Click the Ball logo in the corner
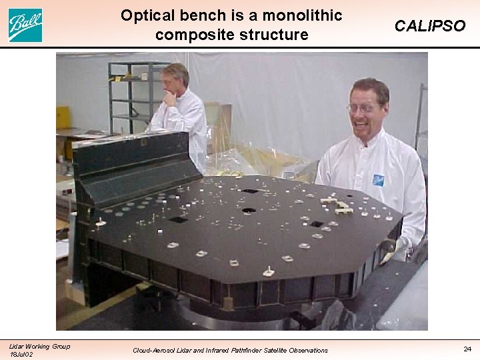point(25,25)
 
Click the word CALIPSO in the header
point(430,26)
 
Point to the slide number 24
point(467,348)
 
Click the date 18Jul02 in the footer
point(21,354)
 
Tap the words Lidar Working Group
point(39,345)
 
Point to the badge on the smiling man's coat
point(378,179)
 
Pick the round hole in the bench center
point(249,211)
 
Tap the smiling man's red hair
point(370,87)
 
